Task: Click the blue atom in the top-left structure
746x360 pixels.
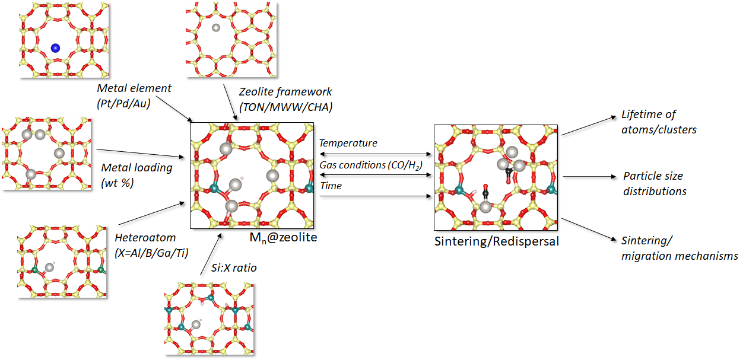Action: pyautogui.click(x=55, y=48)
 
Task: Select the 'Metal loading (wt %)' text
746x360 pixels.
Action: pyautogui.click(x=136, y=174)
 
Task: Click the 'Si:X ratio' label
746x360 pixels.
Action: pyautogui.click(x=234, y=267)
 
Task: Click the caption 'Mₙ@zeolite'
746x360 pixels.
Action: pyautogui.click(x=284, y=238)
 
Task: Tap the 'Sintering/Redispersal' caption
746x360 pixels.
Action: pyautogui.click(x=496, y=241)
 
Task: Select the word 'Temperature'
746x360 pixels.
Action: pyautogui.click(x=348, y=143)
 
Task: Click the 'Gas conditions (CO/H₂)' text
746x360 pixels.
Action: pyautogui.click(x=370, y=164)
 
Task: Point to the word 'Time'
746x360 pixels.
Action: pyautogui.click(x=331, y=186)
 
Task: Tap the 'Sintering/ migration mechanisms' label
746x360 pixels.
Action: pyautogui.click(x=679, y=248)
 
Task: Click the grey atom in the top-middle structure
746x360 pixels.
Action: pyautogui.click(x=216, y=27)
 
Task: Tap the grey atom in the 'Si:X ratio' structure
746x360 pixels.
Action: pyautogui.click(x=196, y=324)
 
